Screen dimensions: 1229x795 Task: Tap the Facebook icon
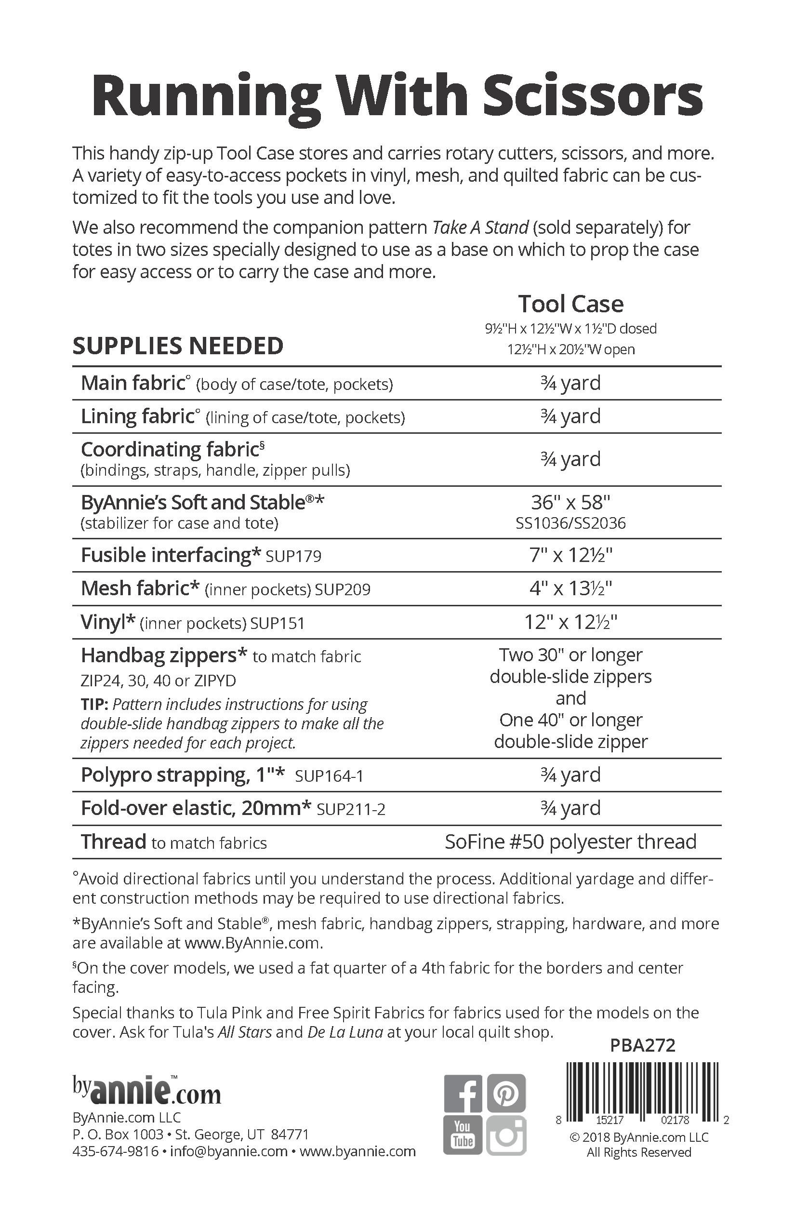463,1094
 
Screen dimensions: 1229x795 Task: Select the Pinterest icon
506,1094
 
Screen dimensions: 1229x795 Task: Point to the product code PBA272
642,1045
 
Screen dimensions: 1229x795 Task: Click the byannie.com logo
146,1091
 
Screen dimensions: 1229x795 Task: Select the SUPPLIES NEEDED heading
178,346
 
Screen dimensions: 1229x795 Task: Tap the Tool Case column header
570,304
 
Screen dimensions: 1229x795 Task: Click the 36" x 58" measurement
570,502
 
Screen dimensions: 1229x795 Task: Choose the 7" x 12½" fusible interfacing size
570,555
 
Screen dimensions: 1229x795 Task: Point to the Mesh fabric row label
140,588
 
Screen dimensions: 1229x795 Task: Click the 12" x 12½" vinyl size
570,622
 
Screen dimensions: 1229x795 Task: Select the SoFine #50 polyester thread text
570,842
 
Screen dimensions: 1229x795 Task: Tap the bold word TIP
94,705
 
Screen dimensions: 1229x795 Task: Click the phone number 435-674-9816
115,1151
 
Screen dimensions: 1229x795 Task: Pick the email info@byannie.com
228,1151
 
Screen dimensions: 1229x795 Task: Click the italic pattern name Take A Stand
480,227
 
